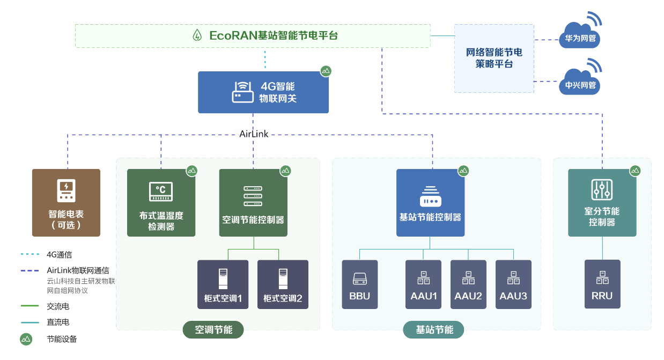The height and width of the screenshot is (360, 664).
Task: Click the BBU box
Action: (359, 284)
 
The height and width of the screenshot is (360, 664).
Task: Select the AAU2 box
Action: (468, 284)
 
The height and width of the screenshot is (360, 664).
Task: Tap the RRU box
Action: (602, 284)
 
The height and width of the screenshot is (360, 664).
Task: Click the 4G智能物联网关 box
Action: (263, 92)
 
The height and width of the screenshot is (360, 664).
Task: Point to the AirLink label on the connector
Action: (254, 134)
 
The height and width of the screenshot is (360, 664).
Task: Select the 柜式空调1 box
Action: (223, 284)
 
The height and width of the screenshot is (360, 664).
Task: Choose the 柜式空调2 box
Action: (283, 284)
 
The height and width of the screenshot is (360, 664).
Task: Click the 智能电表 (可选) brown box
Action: (66, 203)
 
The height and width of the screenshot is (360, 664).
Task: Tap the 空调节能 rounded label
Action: (213, 329)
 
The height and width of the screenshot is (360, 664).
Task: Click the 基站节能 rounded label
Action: (433, 329)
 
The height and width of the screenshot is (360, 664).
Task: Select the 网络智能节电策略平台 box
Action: (494, 58)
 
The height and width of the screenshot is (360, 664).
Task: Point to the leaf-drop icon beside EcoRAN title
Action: (197, 35)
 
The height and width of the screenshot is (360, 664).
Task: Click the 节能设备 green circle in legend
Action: (26, 339)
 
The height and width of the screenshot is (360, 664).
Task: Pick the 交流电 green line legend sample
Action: (29, 306)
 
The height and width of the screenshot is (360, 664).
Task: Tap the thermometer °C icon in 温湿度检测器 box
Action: (161, 192)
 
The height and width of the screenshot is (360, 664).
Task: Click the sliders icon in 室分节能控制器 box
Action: (602, 189)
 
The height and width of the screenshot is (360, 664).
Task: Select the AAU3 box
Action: (513, 284)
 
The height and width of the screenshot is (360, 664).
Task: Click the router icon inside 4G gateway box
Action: (243, 92)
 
